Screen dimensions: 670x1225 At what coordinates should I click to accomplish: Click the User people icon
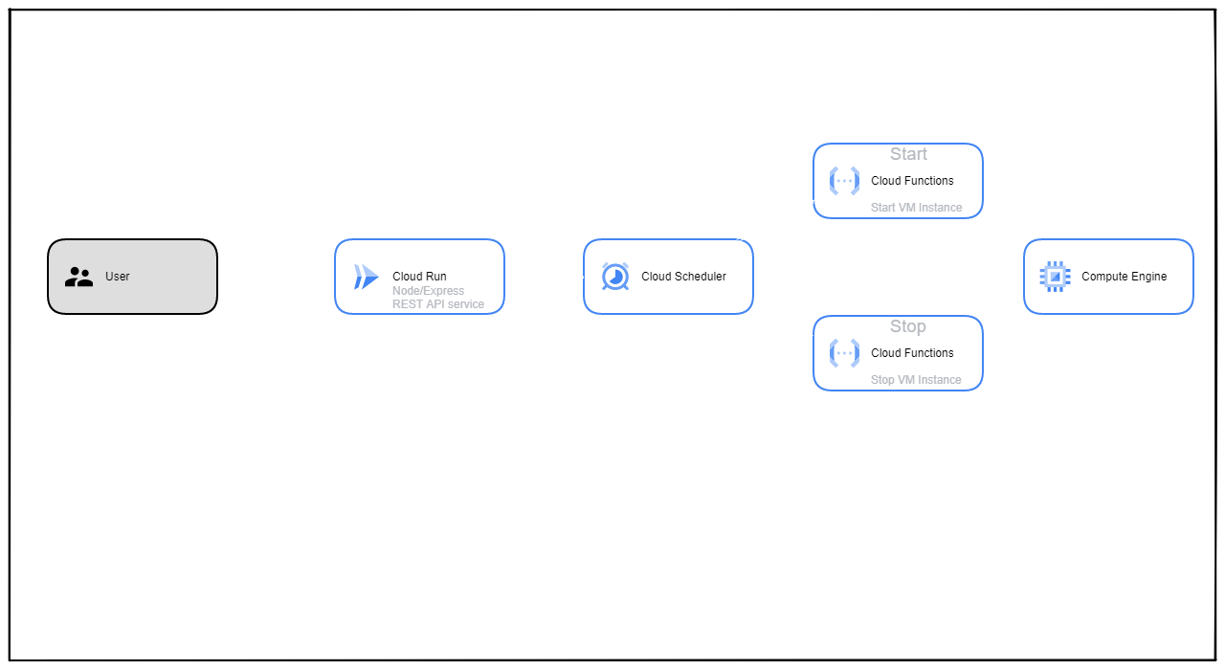(78, 278)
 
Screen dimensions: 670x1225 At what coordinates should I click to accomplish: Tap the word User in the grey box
(117, 277)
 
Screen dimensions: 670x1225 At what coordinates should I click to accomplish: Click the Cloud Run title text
(419, 277)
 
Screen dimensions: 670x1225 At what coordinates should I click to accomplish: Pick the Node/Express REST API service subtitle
(437, 298)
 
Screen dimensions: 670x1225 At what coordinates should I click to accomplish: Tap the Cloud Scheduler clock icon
(614, 277)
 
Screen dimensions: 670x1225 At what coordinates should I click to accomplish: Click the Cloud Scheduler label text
(683, 277)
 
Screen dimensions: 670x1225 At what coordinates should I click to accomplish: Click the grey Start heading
(908, 154)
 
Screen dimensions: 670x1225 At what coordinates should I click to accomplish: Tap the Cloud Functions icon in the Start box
(844, 181)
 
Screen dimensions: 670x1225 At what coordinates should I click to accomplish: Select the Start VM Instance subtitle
(916, 208)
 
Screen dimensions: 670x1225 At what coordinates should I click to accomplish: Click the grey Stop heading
(907, 326)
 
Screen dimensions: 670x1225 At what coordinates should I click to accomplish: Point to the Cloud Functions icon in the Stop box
(844, 353)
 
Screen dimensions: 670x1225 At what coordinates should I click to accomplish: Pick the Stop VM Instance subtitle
(916, 380)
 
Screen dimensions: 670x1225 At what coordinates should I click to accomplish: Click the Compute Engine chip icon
(1055, 277)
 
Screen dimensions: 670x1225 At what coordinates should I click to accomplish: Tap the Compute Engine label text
(1124, 277)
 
